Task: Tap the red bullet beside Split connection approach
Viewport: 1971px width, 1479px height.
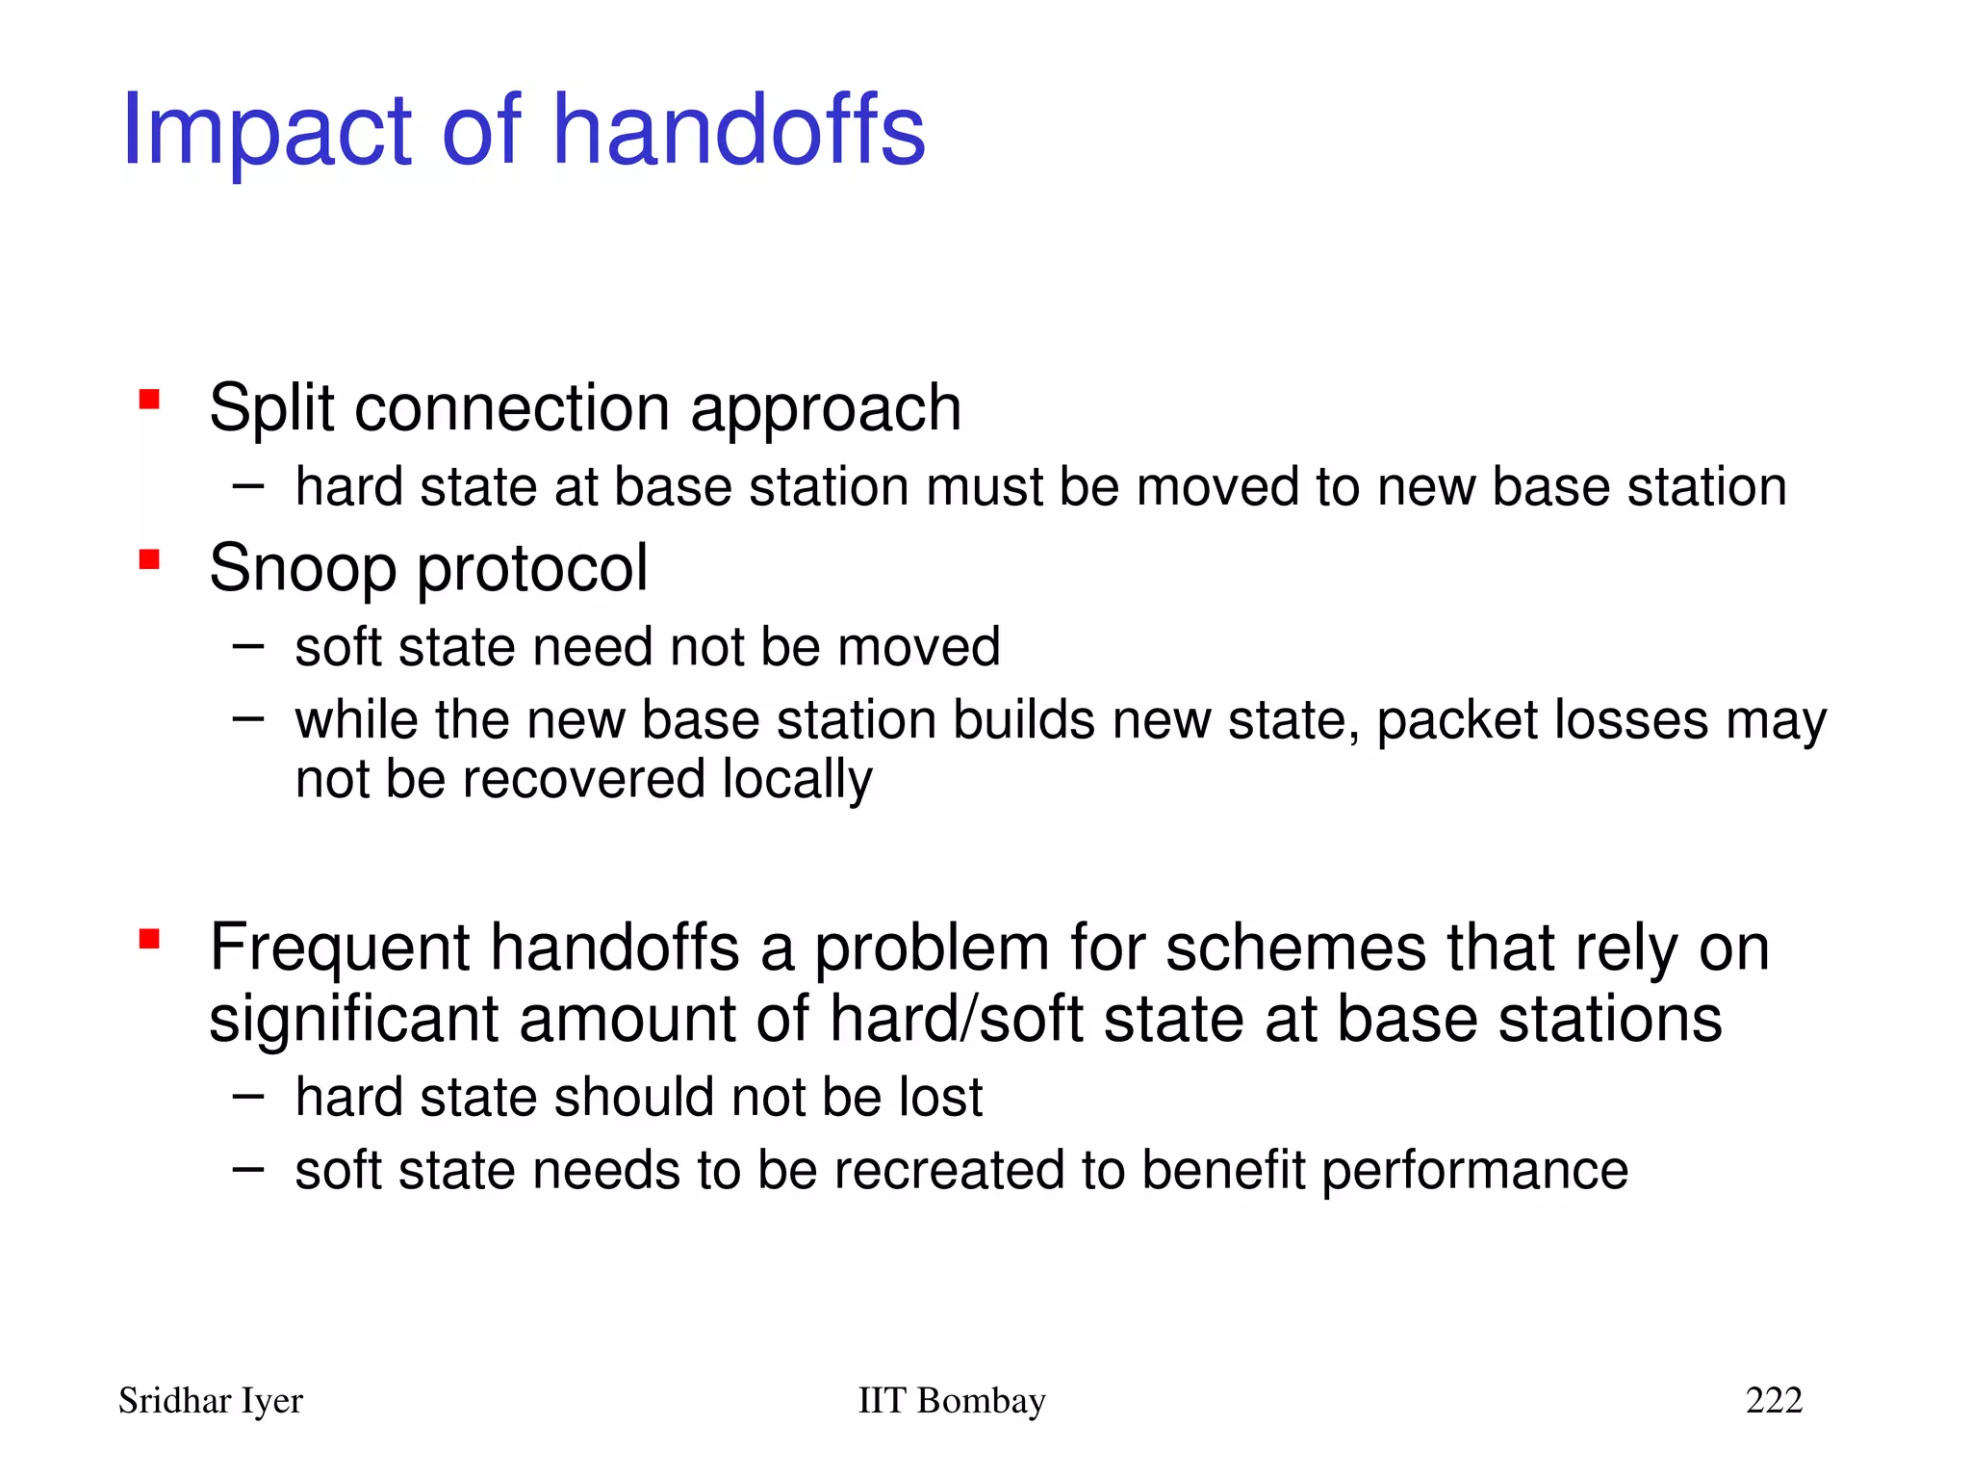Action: pos(149,399)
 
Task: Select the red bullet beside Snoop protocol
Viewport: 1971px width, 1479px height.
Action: pos(149,559)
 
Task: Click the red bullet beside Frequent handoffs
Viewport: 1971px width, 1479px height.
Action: pos(149,939)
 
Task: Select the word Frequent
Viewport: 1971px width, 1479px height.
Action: pos(339,948)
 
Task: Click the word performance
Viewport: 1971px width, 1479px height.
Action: pos(1474,1172)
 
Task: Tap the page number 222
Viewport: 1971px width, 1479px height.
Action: pos(1774,1400)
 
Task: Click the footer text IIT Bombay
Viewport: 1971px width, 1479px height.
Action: pos(951,1401)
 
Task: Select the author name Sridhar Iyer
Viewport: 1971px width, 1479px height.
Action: pos(211,1401)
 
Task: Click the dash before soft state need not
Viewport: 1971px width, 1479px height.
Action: pos(248,646)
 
